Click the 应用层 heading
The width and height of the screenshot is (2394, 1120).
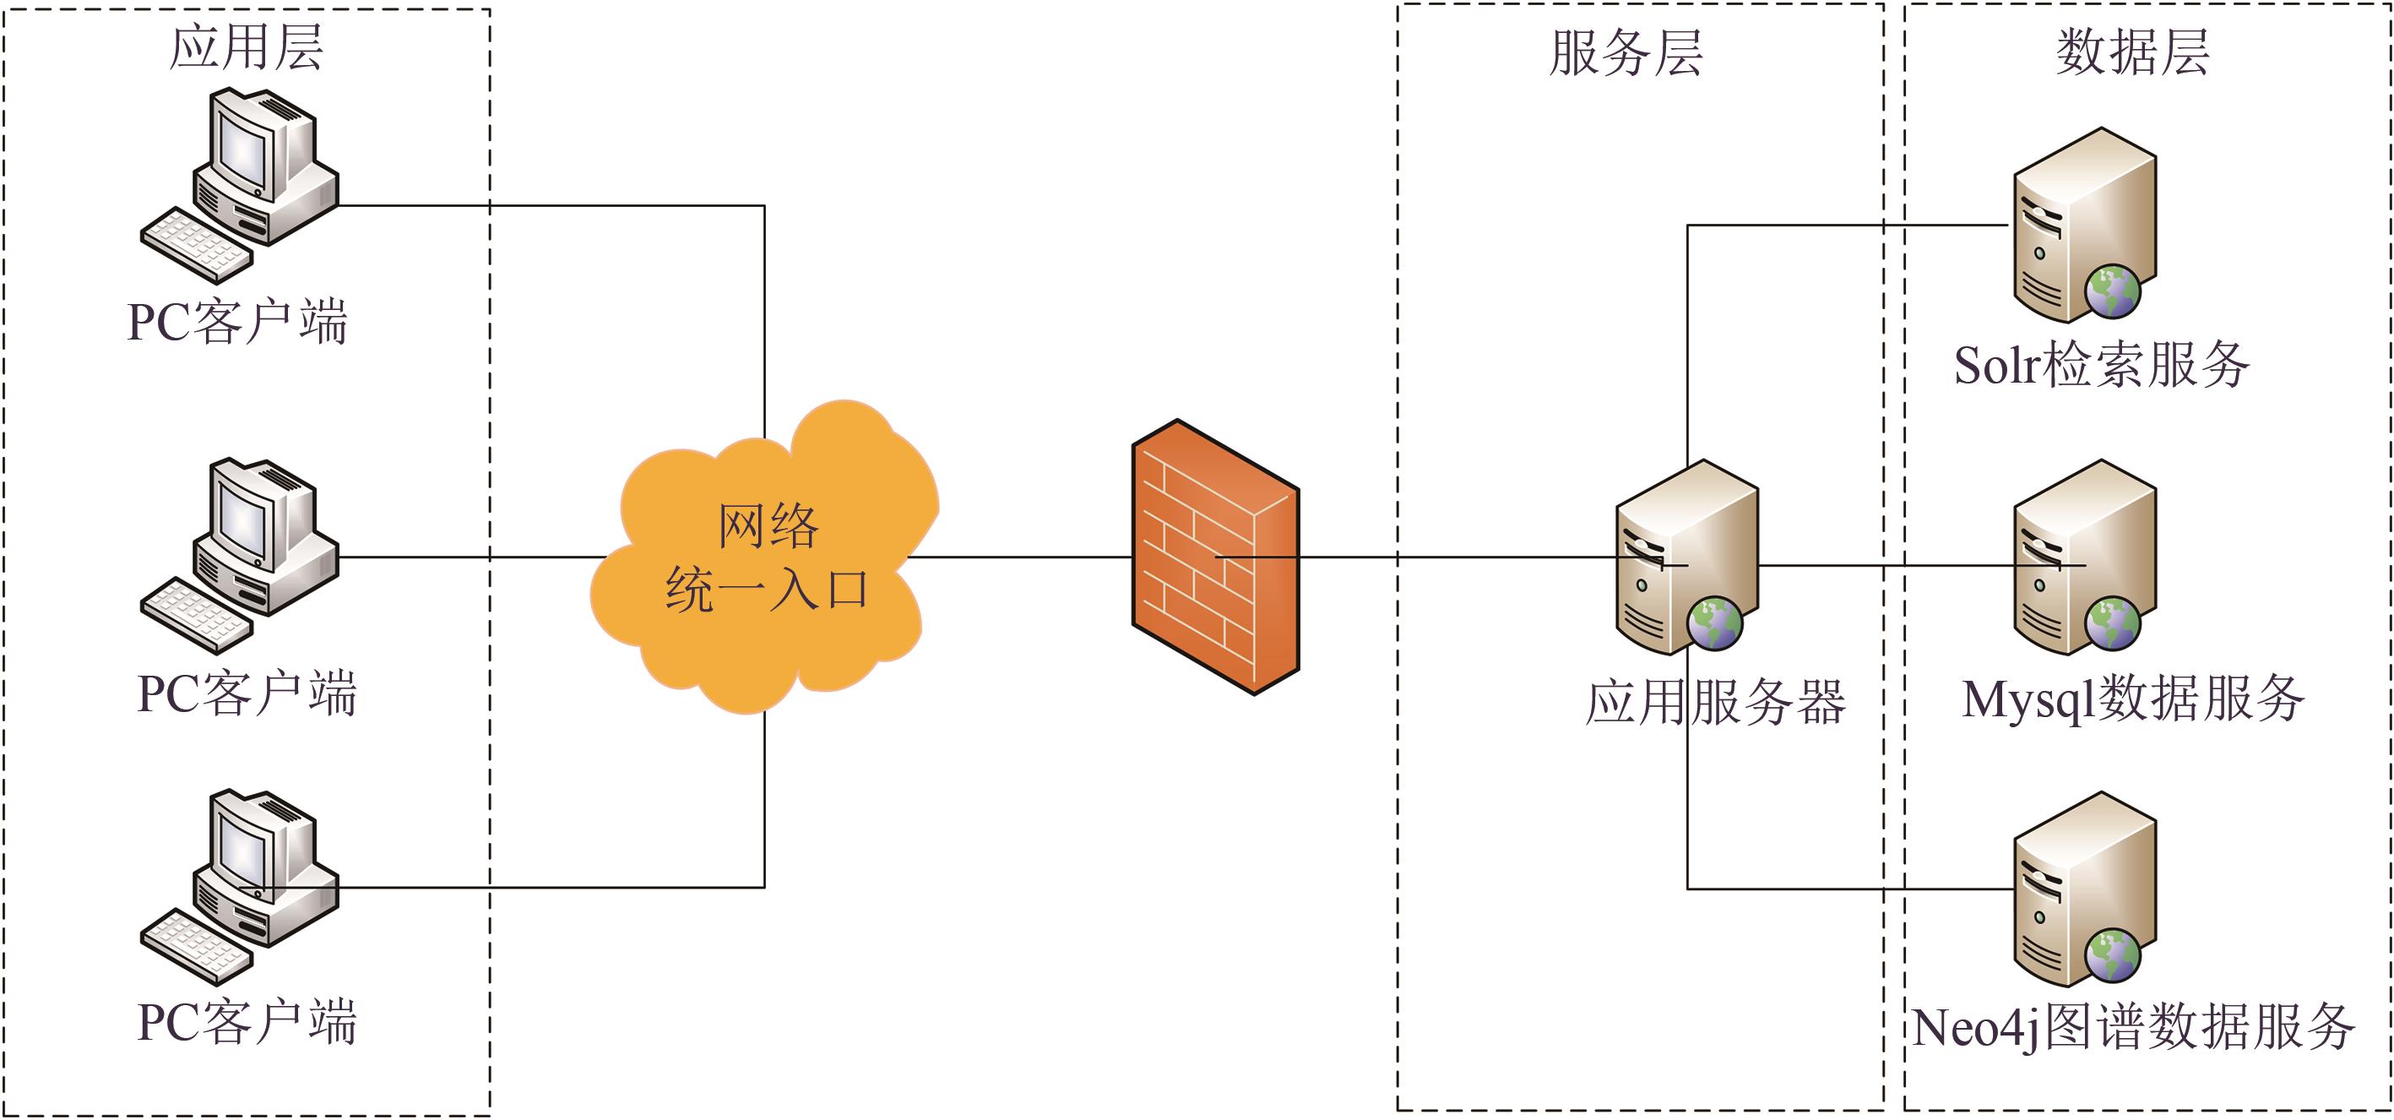[x=247, y=47]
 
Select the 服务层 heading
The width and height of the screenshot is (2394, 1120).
[x=1626, y=53]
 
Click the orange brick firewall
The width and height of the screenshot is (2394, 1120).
[x=1214, y=557]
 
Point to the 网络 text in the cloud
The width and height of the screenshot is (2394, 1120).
[x=768, y=526]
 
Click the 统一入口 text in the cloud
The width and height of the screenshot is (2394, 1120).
[x=768, y=590]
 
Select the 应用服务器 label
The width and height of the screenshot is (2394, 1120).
[x=1716, y=702]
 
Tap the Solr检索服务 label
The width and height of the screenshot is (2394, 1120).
[x=2101, y=365]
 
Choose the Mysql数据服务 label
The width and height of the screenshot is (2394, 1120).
[x=2133, y=699]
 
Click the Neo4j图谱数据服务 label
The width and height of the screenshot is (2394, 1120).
[x=2134, y=1027]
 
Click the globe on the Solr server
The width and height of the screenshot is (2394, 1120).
[x=2113, y=291]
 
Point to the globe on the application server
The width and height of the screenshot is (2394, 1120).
[x=1715, y=623]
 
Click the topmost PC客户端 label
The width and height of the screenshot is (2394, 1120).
[x=237, y=323]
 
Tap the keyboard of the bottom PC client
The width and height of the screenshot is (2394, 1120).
[x=196, y=947]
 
